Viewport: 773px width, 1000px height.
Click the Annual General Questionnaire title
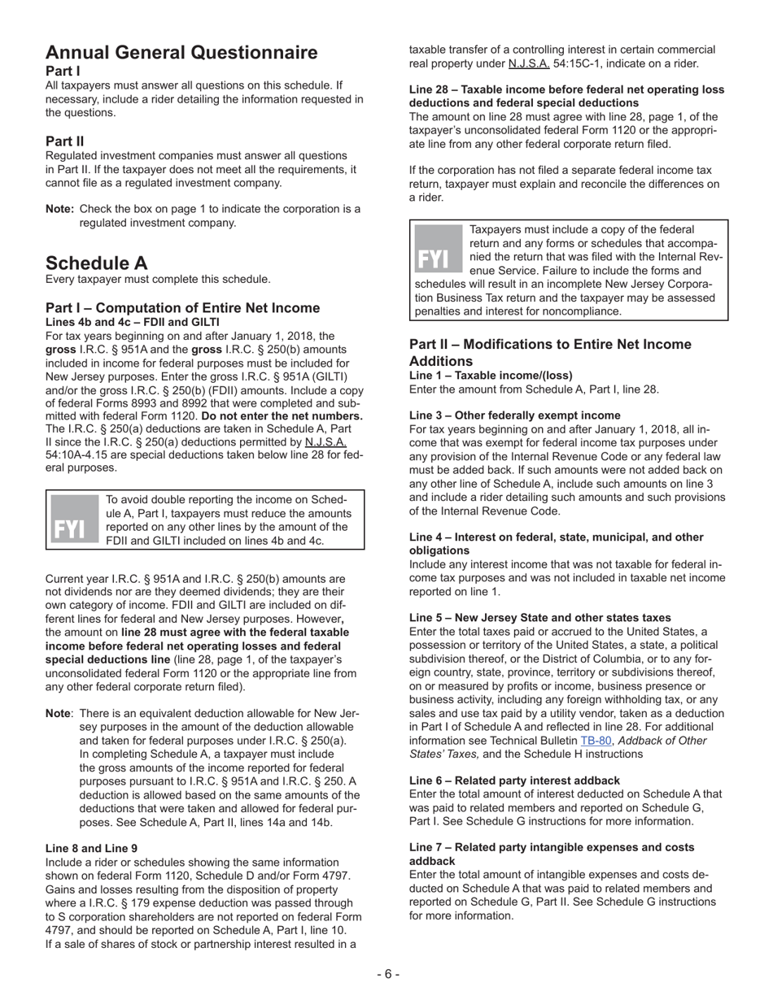tap(181, 54)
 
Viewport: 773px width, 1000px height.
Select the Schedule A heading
tap(97, 263)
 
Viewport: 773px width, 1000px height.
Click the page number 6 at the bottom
tap(387, 974)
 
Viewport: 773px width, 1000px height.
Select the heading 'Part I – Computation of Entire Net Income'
tap(182, 308)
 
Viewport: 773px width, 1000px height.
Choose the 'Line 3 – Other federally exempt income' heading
tap(514, 415)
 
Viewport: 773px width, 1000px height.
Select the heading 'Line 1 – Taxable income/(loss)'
tap(491, 376)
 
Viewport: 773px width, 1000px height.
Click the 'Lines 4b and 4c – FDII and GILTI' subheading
tap(132, 322)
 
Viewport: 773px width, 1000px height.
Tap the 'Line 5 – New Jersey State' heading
tap(539, 618)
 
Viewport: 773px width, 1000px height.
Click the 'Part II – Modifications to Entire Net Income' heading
tap(550, 345)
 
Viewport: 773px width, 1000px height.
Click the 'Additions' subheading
tap(441, 361)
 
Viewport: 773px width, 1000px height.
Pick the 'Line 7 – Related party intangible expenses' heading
tap(552, 847)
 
